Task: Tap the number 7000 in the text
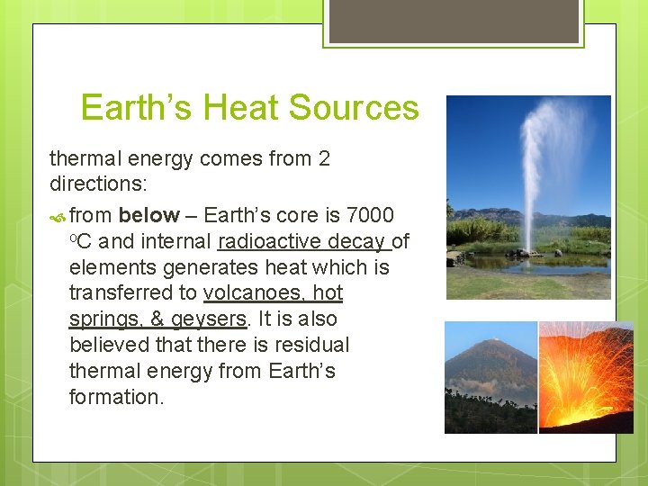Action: click(371, 215)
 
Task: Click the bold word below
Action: click(148, 215)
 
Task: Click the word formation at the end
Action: click(116, 398)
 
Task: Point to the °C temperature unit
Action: click(82, 241)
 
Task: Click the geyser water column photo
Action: click(528, 197)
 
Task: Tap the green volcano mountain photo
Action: click(490, 378)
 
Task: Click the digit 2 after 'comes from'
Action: click(324, 159)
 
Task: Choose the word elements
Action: click(107, 267)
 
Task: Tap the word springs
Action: click(100, 319)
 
